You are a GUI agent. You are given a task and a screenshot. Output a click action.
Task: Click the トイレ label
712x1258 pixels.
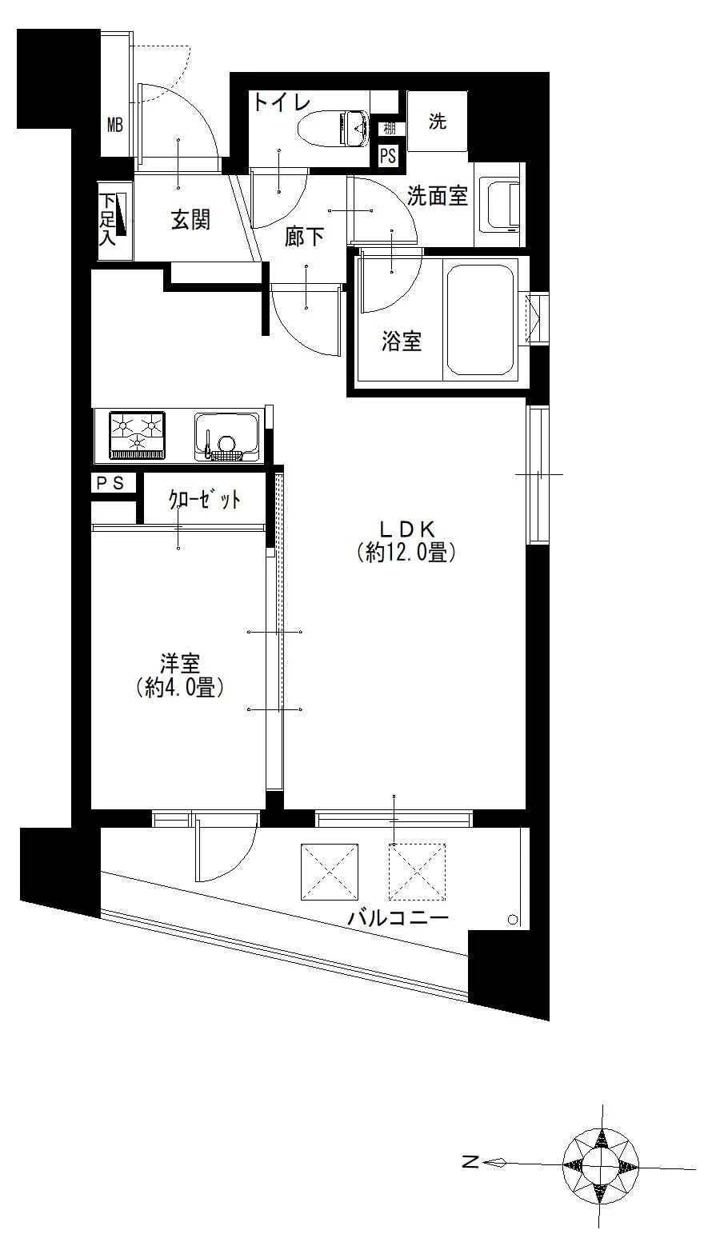click(282, 102)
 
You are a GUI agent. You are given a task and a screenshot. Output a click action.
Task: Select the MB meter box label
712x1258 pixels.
click(114, 125)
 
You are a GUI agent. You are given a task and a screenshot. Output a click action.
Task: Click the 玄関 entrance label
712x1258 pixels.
click(190, 220)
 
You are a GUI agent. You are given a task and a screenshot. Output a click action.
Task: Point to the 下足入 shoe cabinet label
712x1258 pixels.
click(107, 219)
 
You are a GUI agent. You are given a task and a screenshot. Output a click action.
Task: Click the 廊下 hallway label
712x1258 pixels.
click(304, 237)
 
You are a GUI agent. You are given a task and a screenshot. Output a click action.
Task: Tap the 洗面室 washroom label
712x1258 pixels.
click(438, 195)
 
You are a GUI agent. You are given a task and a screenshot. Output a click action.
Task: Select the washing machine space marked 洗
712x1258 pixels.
click(438, 121)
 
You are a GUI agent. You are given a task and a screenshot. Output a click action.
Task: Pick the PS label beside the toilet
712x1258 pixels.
click(388, 155)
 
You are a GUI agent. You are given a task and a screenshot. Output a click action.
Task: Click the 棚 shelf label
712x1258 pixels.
click(389, 129)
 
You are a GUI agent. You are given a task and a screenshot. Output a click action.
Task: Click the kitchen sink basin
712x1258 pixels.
click(227, 437)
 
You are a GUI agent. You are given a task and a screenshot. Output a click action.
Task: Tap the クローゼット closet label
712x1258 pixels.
click(205, 499)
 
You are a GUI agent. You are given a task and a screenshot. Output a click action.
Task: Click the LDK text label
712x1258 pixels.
click(406, 529)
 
